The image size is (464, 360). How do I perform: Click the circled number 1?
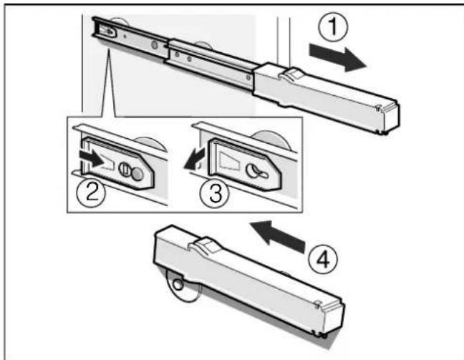pos(336,29)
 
